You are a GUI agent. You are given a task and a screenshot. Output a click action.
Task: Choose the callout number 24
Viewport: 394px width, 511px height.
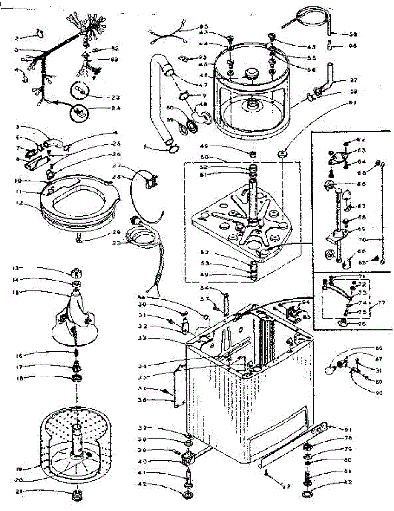tap(115, 108)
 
